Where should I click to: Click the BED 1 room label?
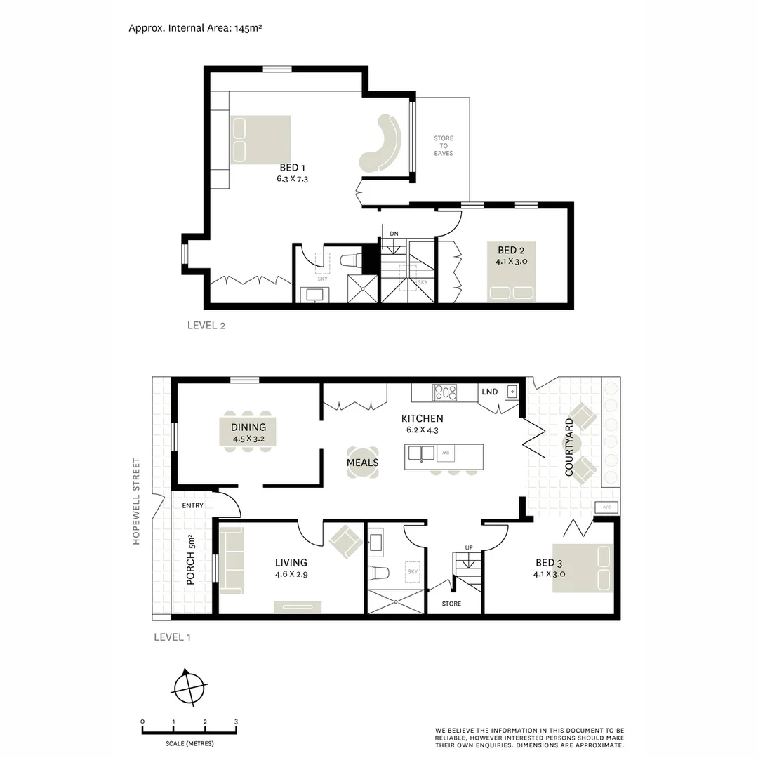click(292, 168)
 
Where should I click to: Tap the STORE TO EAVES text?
click(443, 146)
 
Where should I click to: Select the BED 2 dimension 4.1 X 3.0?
click(511, 261)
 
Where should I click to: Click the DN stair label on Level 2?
click(394, 234)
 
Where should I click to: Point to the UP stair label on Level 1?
click(468, 547)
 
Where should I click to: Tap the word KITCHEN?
click(422, 418)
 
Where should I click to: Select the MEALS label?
click(362, 463)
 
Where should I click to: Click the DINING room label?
click(248, 427)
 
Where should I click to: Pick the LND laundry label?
click(488, 392)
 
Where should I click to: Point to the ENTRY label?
click(192, 505)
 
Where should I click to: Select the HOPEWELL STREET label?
click(136, 501)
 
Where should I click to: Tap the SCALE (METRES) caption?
click(189, 743)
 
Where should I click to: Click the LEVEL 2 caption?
click(206, 325)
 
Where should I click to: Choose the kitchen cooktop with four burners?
click(445, 392)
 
